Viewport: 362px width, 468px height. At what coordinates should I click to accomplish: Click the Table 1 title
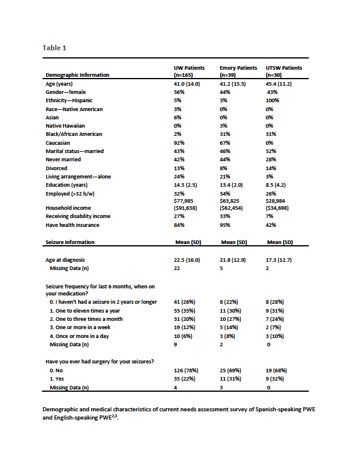[54, 48]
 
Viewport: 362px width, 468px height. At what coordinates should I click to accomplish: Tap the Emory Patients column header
[238, 71]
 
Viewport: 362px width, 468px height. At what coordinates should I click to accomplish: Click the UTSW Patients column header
[284, 71]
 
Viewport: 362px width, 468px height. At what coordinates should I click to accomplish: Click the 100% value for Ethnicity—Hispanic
[272, 100]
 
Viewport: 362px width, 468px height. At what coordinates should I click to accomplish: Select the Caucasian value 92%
[179, 143]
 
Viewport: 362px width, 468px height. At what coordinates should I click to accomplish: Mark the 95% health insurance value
[225, 225]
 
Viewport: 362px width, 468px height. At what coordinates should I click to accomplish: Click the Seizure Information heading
[70, 242]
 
